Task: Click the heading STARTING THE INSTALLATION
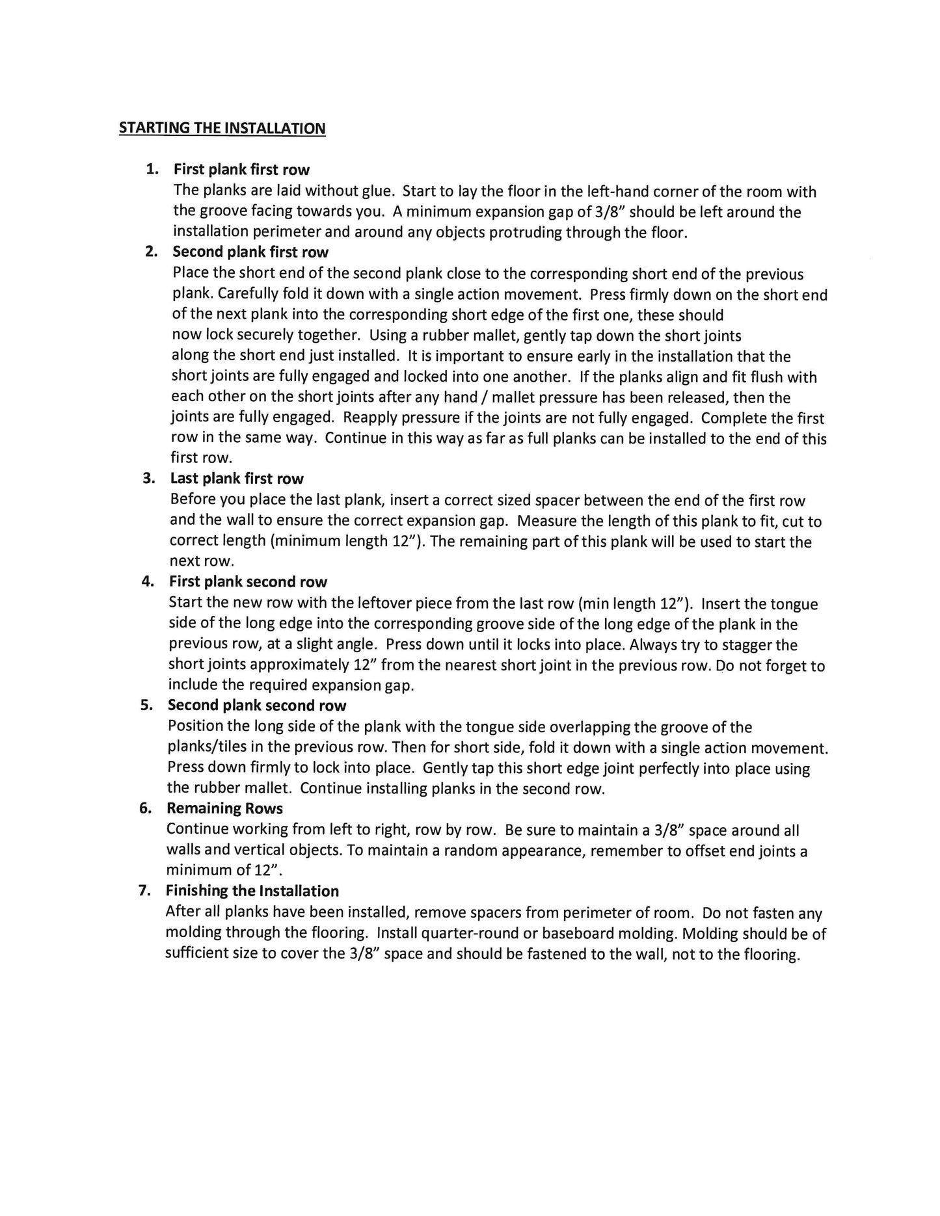(x=222, y=128)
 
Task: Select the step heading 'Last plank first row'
(x=237, y=479)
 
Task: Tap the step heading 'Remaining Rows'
(x=224, y=808)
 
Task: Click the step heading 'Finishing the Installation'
(x=252, y=891)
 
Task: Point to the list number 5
(x=146, y=706)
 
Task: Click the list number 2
(x=151, y=252)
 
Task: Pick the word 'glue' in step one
(x=379, y=191)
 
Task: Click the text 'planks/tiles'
(x=208, y=748)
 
